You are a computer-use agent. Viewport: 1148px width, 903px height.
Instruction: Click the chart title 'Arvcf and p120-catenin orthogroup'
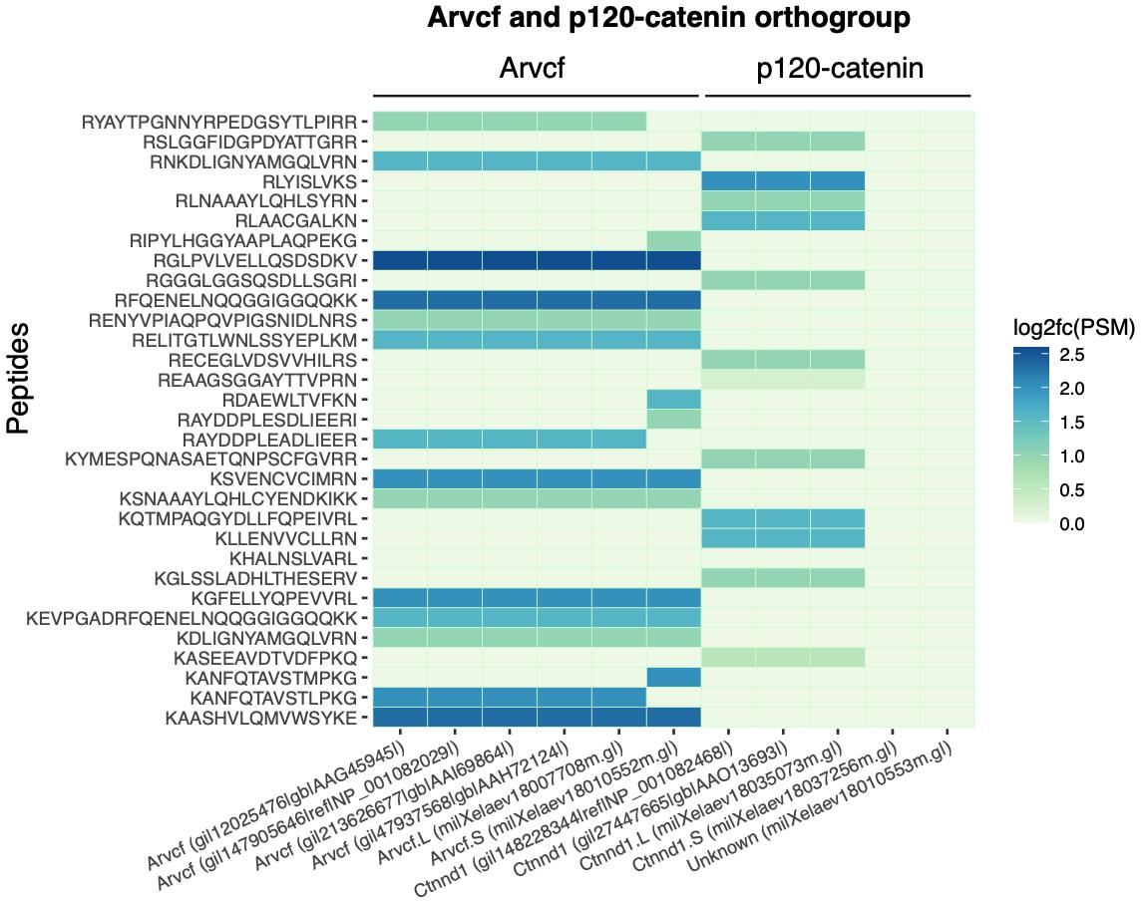coord(668,18)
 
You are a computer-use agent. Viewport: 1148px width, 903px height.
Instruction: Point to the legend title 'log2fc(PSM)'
coord(1072,327)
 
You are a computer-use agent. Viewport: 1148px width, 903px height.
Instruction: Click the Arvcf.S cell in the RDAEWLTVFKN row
coord(673,400)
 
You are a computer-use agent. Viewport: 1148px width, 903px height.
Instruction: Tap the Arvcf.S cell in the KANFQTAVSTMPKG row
coord(673,678)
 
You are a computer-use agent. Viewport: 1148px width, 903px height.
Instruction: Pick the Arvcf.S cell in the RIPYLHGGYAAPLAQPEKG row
coord(673,241)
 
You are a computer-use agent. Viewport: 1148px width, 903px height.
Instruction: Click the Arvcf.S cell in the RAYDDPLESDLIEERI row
coord(673,420)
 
